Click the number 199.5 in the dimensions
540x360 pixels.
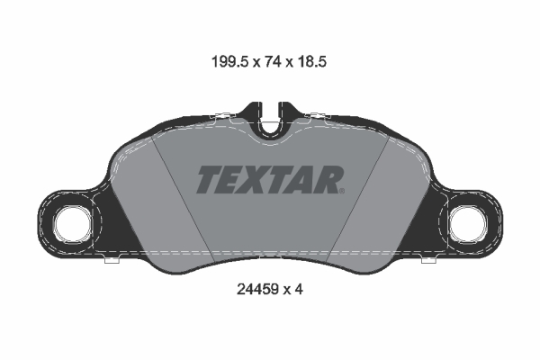(229, 62)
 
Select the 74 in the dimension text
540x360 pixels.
(273, 62)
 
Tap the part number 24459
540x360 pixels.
(257, 290)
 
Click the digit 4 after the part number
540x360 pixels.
(299, 290)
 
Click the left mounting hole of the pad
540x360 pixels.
(74, 225)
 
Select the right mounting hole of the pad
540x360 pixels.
(467, 225)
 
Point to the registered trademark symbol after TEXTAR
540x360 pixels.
(342, 191)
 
